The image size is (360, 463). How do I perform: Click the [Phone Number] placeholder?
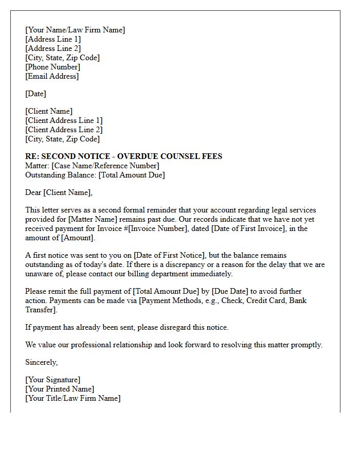coord(52,67)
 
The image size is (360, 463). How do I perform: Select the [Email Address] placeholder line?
coord(52,76)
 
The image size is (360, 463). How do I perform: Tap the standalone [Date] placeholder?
coord(35,94)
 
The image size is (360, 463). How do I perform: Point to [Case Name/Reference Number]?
coord(105,166)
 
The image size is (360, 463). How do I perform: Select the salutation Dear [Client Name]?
coord(59,192)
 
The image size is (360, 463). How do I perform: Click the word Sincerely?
coord(41,362)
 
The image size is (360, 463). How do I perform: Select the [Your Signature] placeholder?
coord(52,380)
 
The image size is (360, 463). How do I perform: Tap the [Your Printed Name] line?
coord(60,389)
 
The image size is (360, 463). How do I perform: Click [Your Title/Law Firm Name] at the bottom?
coord(73,398)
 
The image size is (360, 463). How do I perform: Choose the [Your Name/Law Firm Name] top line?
coord(75,30)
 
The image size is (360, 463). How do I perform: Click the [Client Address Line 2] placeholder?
coord(64,130)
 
